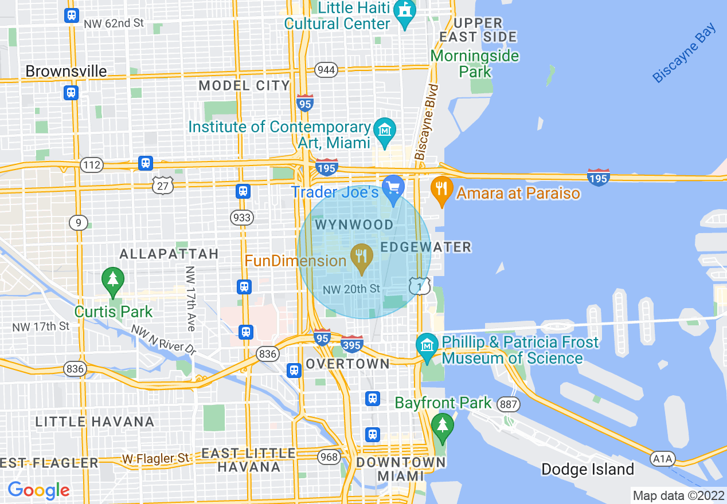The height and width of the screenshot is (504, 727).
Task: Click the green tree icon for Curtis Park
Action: click(113, 280)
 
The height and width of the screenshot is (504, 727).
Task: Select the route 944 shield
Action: click(326, 70)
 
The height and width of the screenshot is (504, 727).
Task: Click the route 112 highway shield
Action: click(91, 166)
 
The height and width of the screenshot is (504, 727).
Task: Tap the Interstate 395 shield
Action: click(351, 344)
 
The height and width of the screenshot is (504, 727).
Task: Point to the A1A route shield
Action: click(663, 459)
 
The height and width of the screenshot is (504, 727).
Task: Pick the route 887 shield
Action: click(508, 404)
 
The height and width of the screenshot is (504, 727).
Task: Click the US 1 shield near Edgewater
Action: click(420, 285)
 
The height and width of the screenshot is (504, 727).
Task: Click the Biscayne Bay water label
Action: click(685, 53)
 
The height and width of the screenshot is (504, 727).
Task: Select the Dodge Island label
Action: click(588, 470)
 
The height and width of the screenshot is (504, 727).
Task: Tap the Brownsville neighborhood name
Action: click(66, 71)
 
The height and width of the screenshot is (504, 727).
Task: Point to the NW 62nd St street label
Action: click(114, 24)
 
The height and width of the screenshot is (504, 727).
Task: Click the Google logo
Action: click(38, 490)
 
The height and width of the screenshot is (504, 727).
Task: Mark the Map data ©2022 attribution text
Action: click(677, 495)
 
